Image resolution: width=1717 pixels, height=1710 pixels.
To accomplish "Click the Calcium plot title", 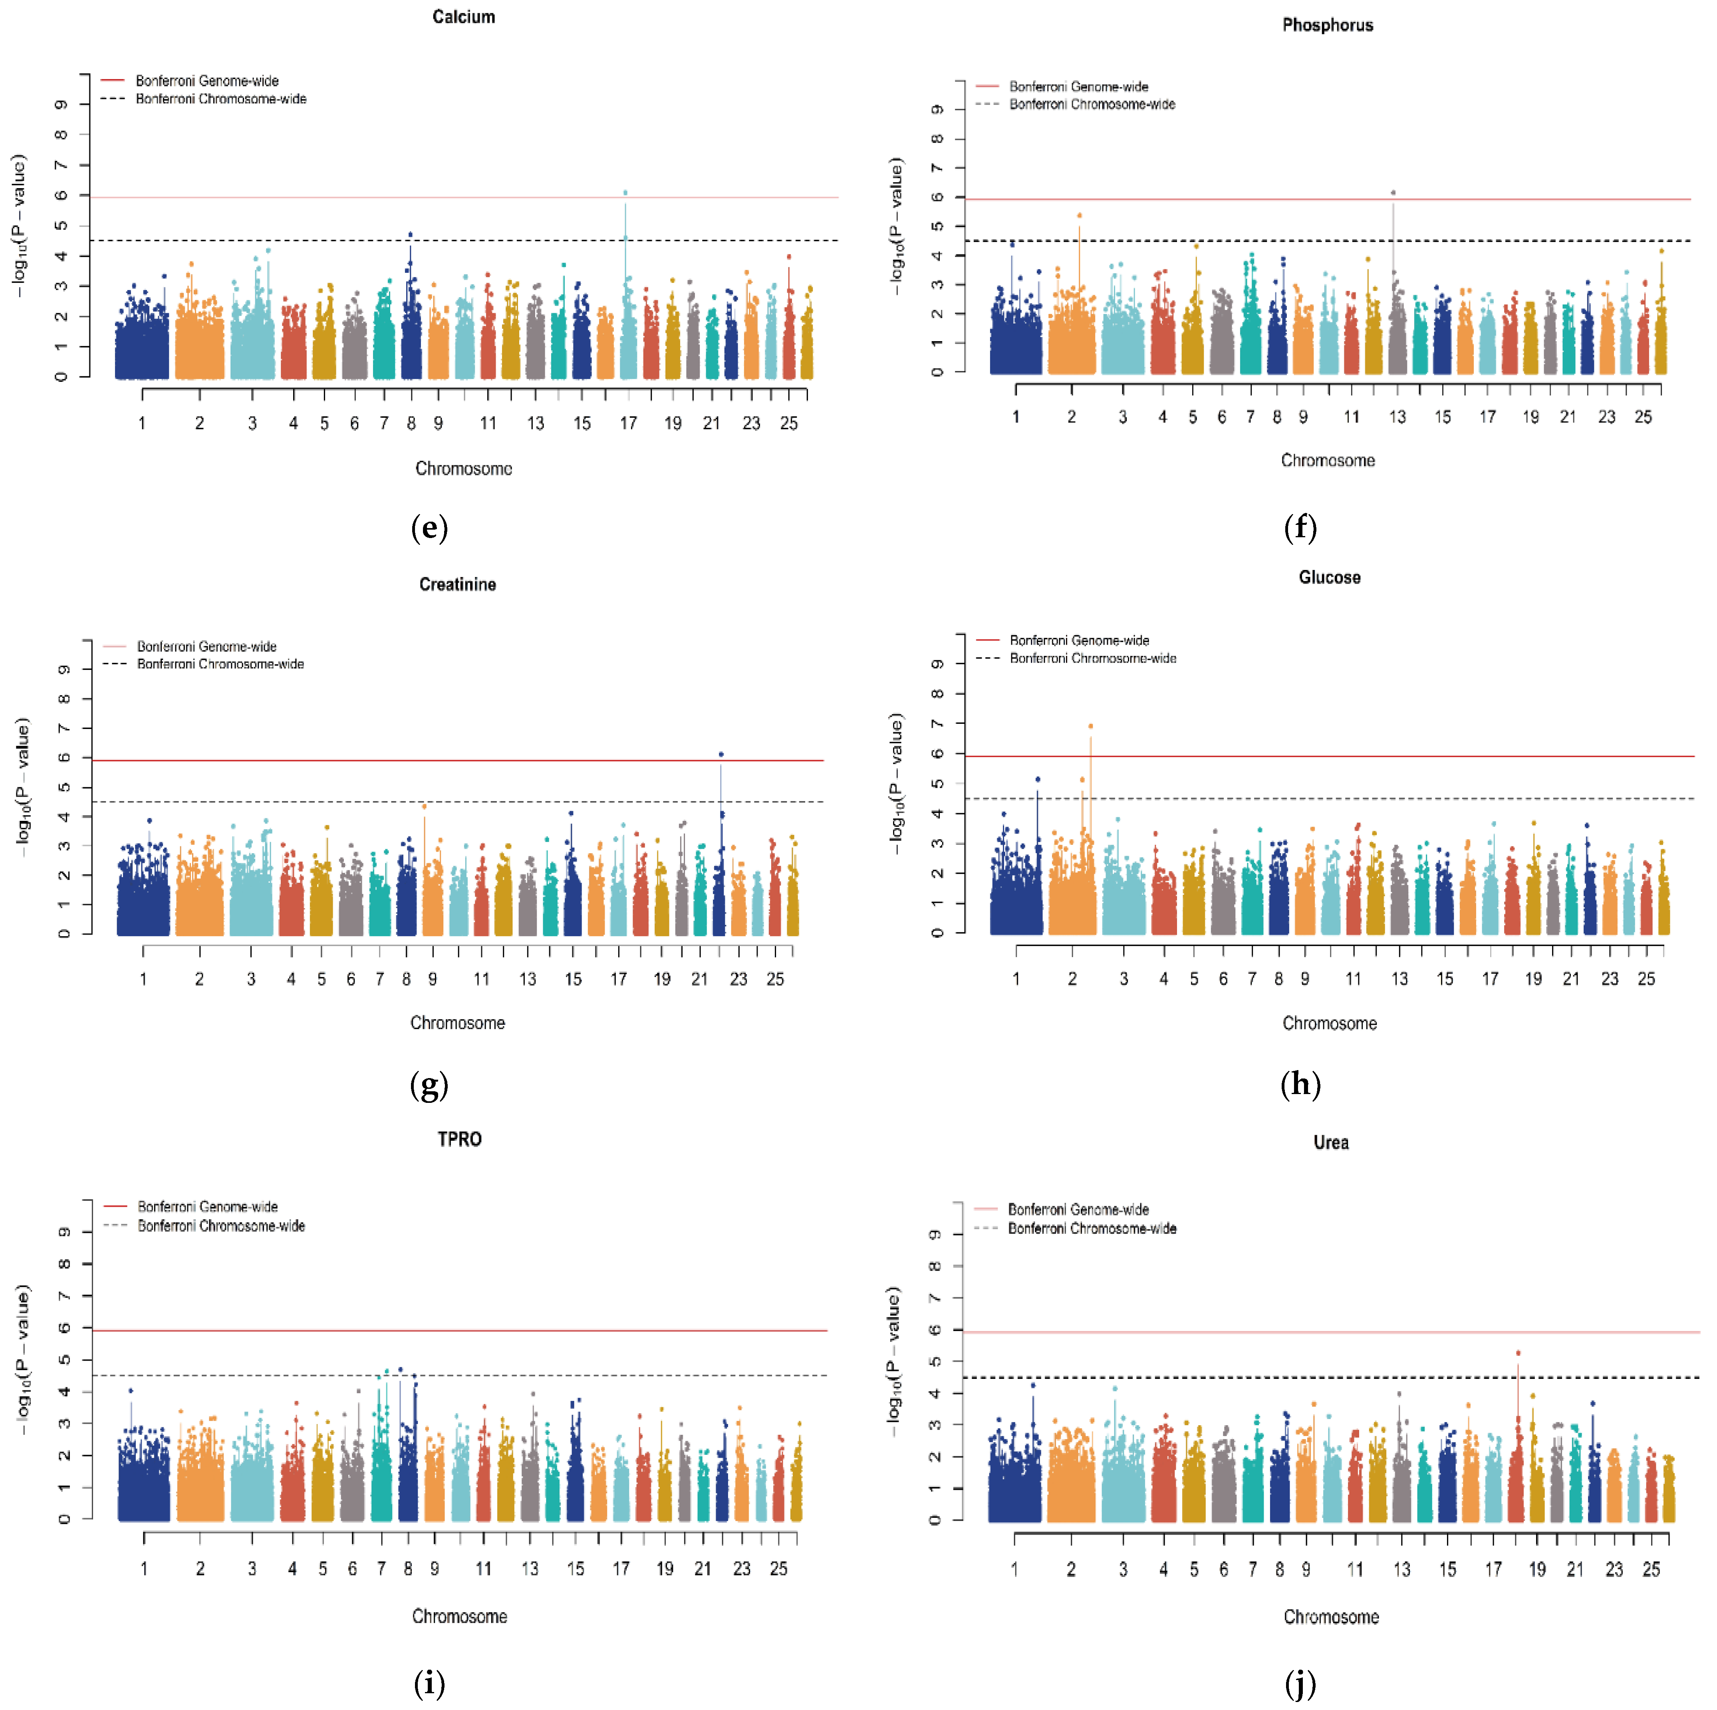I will click(463, 17).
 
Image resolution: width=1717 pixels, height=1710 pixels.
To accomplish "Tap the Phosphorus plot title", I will click(1327, 25).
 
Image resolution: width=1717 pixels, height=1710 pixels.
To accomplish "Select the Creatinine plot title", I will click(457, 584).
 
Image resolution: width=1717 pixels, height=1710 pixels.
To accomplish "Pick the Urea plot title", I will click(1330, 1142).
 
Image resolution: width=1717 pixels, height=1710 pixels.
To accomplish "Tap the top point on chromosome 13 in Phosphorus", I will click(1393, 192).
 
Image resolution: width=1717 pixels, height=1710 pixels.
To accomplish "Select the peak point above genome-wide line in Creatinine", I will click(721, 754).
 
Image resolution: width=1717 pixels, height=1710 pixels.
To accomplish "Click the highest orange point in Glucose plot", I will click(1090, 726).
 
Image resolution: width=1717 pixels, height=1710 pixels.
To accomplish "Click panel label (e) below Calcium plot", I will click(429, 528).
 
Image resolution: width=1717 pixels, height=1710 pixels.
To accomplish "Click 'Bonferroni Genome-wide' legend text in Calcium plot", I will click(207, 81).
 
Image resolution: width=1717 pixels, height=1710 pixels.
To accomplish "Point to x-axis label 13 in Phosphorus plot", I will click(1397, 417).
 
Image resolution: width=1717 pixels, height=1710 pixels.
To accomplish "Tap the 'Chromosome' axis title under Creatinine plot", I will click(457, 1023).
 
